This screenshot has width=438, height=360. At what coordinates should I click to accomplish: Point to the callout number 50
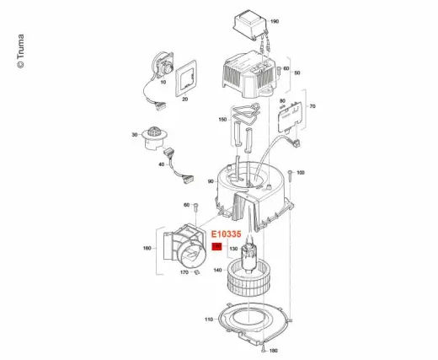[x=296, y=74]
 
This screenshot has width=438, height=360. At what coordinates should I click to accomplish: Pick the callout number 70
[x=312, y=107]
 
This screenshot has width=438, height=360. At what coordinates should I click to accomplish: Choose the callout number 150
[x=223, y=121]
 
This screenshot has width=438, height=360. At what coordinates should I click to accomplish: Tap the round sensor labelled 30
[x=155, y=135]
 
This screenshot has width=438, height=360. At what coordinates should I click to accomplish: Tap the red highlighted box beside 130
[x=216, y=247]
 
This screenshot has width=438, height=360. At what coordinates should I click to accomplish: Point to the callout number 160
[x=146, y=249]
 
